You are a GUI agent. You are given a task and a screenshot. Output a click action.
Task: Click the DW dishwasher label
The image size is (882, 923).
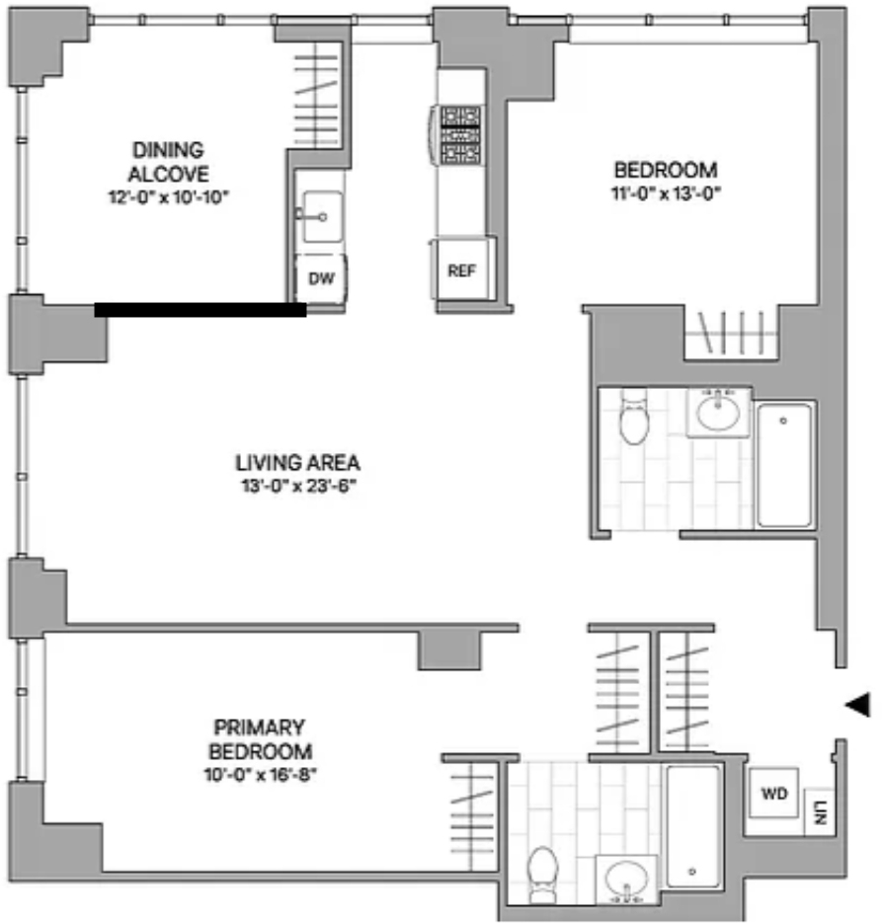coord(321,278)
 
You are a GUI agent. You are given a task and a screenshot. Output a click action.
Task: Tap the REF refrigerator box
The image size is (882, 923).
coord(461,269)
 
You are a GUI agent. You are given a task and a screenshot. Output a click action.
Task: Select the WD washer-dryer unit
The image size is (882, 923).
coord(773,793)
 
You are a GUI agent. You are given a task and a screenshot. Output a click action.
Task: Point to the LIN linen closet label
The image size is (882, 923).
coord(820,812)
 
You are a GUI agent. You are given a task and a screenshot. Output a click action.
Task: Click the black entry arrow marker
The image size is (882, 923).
coord(858,705)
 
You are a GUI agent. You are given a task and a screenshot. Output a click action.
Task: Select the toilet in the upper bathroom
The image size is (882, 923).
coord(634,417)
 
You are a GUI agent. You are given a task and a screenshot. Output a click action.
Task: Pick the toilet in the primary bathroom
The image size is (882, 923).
coord(542,875)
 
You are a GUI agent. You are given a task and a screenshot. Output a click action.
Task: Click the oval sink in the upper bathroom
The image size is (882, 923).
coord(718,412)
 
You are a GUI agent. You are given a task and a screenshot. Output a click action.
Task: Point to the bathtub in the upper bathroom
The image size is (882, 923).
coord(784,464)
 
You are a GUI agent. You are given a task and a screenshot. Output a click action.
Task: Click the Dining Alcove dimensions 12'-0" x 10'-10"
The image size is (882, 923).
coord(168,197)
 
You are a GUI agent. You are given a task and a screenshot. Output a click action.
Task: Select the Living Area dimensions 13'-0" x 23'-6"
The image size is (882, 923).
coord(298,487)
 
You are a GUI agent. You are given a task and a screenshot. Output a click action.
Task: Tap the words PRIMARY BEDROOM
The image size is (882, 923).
coord(260,739)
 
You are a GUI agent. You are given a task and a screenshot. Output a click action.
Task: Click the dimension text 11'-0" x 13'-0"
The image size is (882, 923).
coord(666,193)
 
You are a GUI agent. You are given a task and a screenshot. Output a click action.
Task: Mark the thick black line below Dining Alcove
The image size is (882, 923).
coord(200,310)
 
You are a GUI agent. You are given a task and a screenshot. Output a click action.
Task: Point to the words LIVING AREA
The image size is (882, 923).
coord(298,463)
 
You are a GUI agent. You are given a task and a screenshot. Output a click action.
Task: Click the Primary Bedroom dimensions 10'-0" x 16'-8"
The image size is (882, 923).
coord(260,775)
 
